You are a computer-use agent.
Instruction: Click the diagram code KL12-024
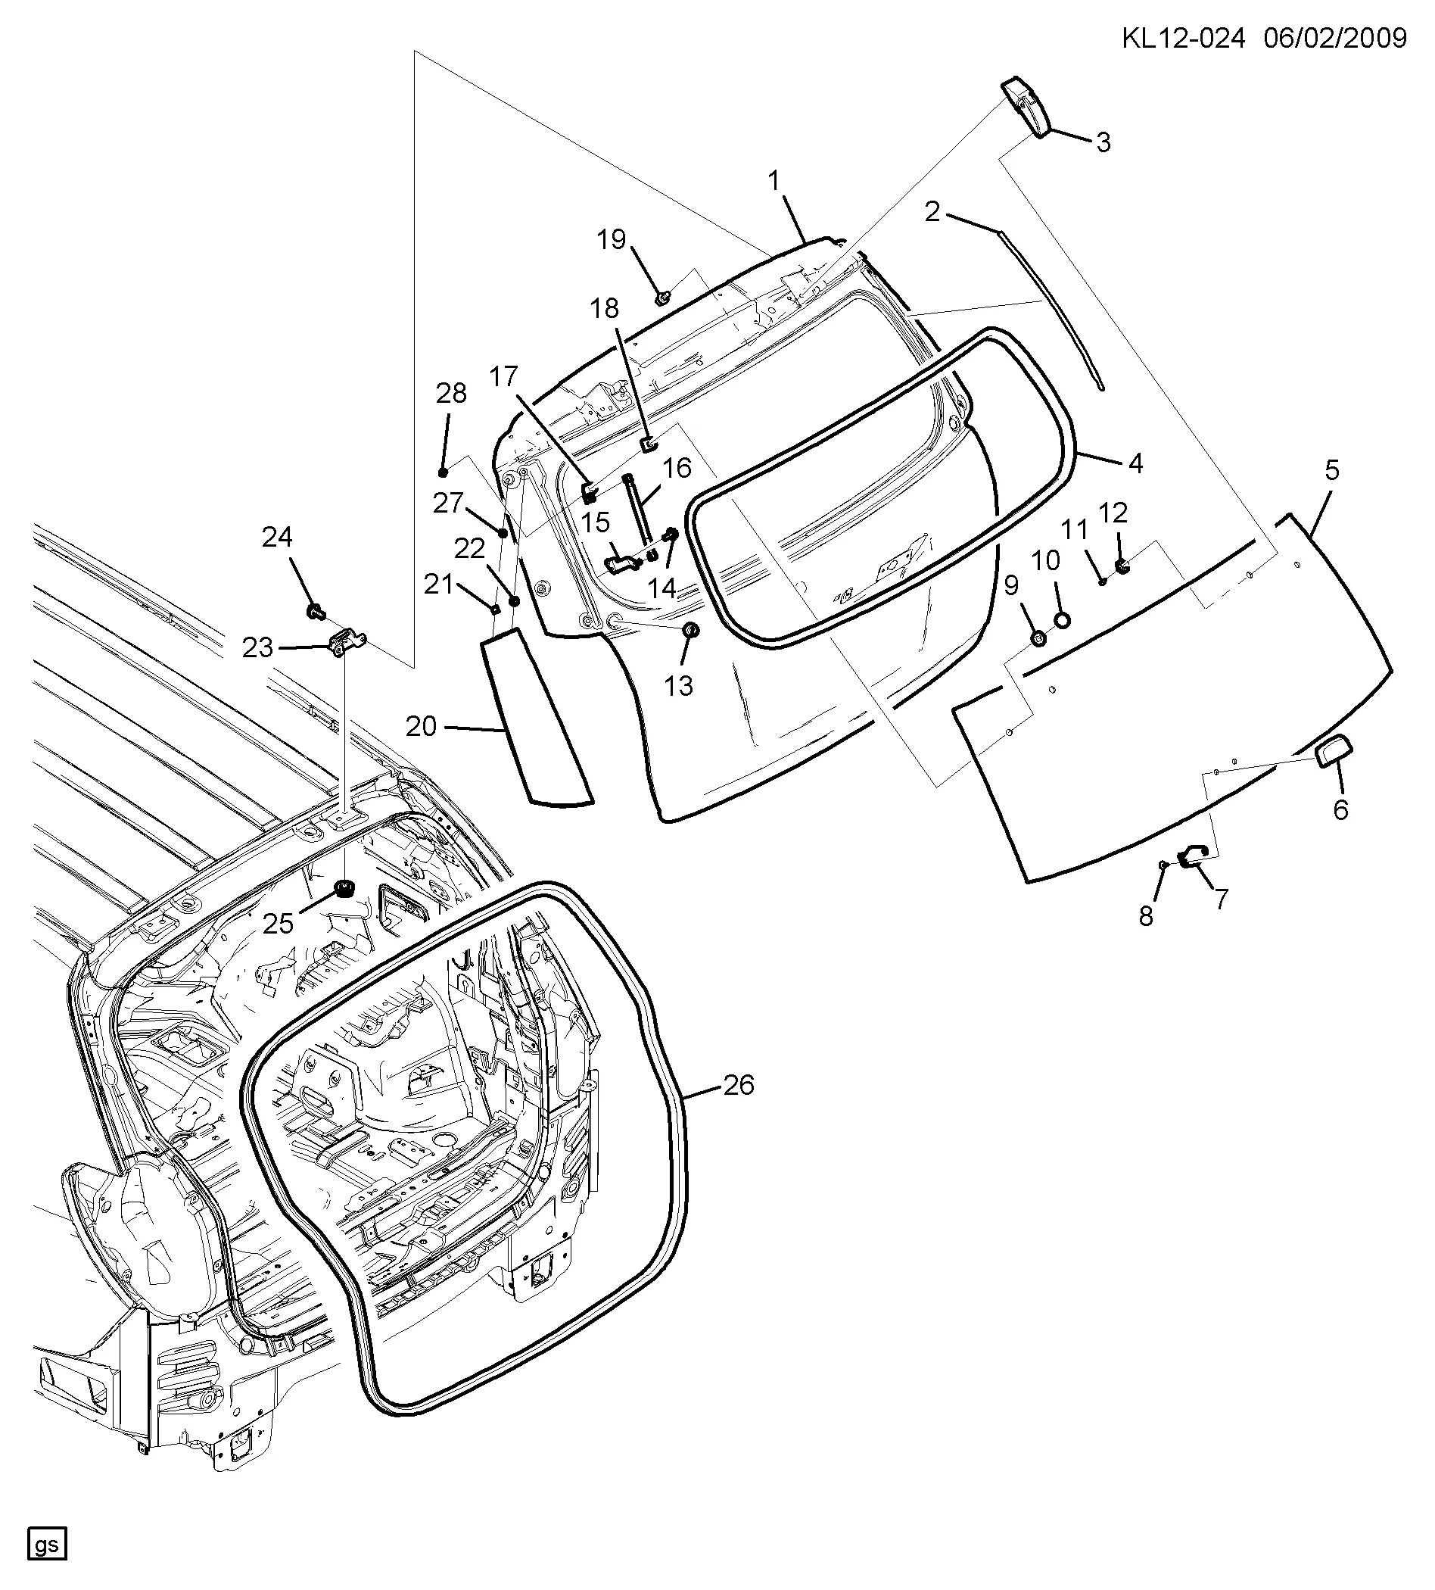(x=1183, y=38)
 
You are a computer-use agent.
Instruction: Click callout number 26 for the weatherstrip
(x=739, y=1085)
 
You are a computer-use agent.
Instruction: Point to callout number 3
(x=1103, y=143)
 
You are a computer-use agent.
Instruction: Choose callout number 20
(x=421, y=726)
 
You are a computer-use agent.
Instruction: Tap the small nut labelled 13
(x=691, y=630)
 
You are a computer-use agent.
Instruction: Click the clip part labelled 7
(x=1191, y=854)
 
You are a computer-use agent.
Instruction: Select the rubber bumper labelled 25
(x=344, y=889)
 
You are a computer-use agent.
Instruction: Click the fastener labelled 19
(x=662, y=298)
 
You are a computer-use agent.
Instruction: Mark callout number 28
(x=451, y=393)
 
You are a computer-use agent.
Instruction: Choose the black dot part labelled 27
(x=503, y=533)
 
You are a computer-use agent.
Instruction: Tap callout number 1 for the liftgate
(x=774, y=182)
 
